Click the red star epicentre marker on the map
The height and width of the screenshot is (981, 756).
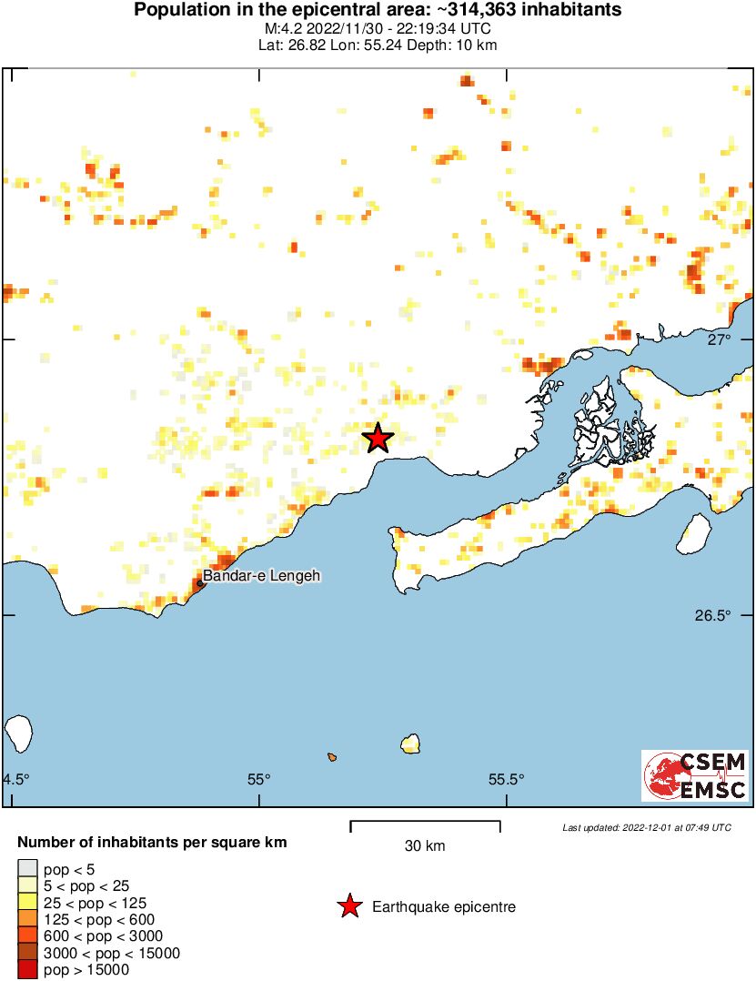click(x=378, y=439)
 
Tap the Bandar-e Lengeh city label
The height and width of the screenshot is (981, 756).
click(x=262, y=576)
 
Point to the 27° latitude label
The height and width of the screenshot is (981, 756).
click(x=720, y=339)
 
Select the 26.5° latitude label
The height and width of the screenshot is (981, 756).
click(x=712, y=615)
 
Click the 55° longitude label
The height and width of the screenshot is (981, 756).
click(x=259, y=779)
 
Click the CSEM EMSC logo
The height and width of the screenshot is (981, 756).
click(x=696, y=775)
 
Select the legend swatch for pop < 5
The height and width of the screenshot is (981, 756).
click(x=28, y=869)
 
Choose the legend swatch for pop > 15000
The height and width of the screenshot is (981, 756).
click(x=28, y=970)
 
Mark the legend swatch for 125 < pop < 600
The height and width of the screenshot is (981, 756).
click(x=28, y=919)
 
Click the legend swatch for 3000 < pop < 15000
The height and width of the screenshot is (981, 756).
click(x=28, y=953)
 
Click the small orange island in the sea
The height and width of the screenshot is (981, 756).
click(x=333, y=757)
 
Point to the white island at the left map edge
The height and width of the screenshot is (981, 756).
click(x=18, y=733)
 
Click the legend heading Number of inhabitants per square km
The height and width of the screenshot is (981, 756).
click(x=153, y=843)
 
